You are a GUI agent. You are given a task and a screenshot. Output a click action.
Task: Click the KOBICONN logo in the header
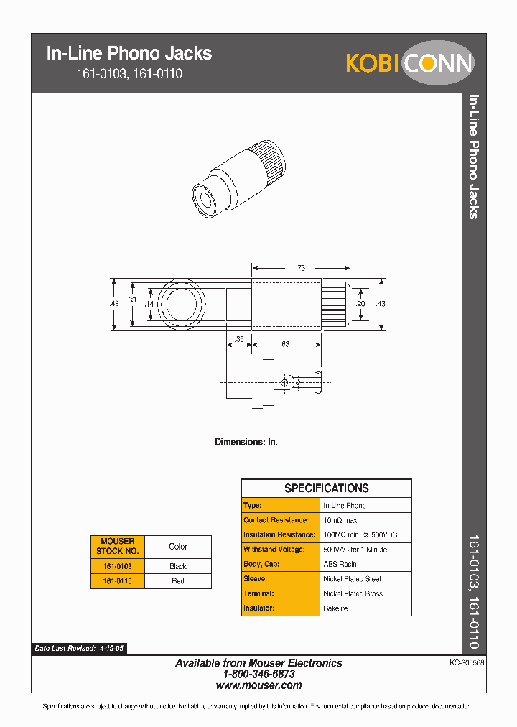click(409, 63)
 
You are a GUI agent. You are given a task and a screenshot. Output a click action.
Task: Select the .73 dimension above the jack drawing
click(300, 268)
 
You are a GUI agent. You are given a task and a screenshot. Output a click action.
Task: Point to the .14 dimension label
click(149, 305)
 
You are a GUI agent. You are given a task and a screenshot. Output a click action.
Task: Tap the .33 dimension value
click(131, 300)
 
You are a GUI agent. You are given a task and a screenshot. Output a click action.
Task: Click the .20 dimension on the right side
click(360, 305)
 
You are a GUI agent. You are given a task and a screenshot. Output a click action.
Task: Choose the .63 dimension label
click(284, 344)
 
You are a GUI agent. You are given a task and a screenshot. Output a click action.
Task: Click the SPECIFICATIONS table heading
click(326, 488)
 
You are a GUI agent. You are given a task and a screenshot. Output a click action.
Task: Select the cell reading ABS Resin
click(340, 564)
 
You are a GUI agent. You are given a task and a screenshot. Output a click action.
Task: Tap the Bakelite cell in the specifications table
click(335, 608)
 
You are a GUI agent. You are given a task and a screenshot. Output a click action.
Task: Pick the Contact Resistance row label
click(276, 520)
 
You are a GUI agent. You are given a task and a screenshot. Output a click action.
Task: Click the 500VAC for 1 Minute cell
click(355, 550)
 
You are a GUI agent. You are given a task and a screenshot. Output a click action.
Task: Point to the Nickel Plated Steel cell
click(352, 579)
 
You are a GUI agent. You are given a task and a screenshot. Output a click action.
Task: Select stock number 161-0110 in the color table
click(117, 581)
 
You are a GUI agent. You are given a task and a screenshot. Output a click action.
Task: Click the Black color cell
click(178, 566)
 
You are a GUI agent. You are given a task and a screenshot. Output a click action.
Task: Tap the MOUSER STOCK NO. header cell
click(117, 547)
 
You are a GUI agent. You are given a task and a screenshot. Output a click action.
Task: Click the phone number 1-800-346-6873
click(258, 675)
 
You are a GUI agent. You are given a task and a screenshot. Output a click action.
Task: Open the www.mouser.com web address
click(258, 685)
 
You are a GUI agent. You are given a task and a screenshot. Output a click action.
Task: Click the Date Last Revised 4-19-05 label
click(79, 648)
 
